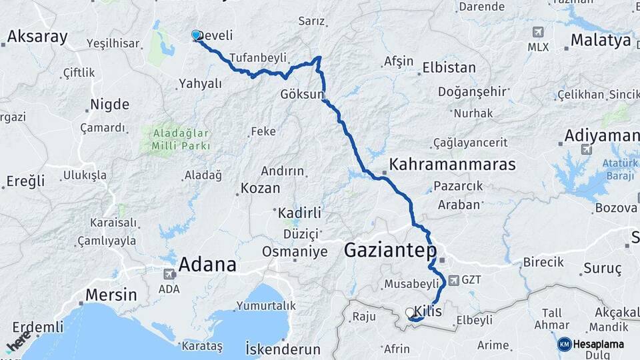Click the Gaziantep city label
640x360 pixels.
tap(391, 251)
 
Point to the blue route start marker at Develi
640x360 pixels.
tap(196, 35)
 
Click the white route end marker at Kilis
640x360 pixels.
tap(410, 312)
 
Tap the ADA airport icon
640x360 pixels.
tap(169, 274)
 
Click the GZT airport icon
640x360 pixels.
tap(453, 280)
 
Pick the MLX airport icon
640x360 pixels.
tap(537, 32)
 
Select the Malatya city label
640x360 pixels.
tap(601, 41)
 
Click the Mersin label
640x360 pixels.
tap(111, 295)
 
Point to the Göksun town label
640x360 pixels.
tap(302, 93)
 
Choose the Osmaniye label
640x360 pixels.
tap(295, 252)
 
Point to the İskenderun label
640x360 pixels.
tap(283, 349)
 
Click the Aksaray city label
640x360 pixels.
tap(37, 37)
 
